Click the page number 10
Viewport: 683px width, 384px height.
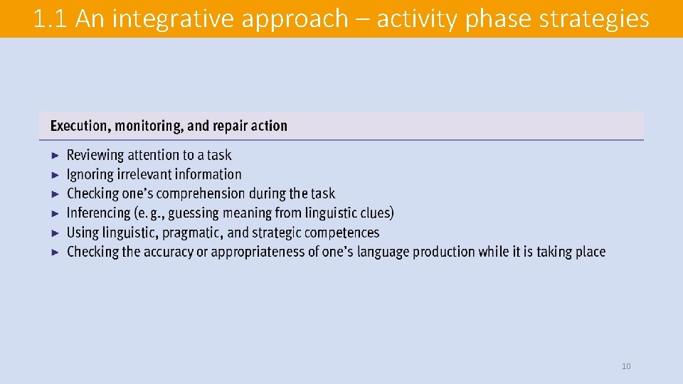(x=626, y=366)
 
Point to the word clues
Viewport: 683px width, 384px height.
(x=374, y=213)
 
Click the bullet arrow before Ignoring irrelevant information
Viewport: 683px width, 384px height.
(x=56, y=174)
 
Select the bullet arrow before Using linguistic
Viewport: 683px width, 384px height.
(x=56, y=233)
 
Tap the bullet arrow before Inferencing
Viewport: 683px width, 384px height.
(x=56, y=213)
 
